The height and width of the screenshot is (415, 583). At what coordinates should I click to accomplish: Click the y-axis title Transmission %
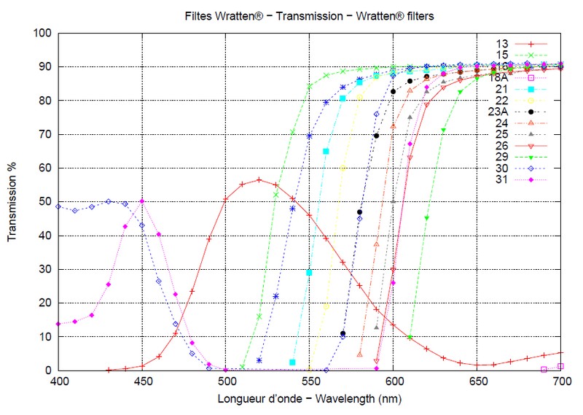pos(12,201)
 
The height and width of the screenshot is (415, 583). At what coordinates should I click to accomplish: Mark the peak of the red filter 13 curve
pos(259,179)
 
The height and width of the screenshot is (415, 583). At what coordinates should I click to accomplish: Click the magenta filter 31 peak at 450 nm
pos(142,201)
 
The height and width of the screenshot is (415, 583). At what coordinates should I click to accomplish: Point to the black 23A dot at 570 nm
pos(343,333)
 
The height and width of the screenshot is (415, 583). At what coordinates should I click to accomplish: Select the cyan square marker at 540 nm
pos(292,362)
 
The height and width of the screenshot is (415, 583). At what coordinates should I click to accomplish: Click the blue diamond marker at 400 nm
pos(58,206)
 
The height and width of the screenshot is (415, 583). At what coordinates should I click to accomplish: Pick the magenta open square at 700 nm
pos(560,366)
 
